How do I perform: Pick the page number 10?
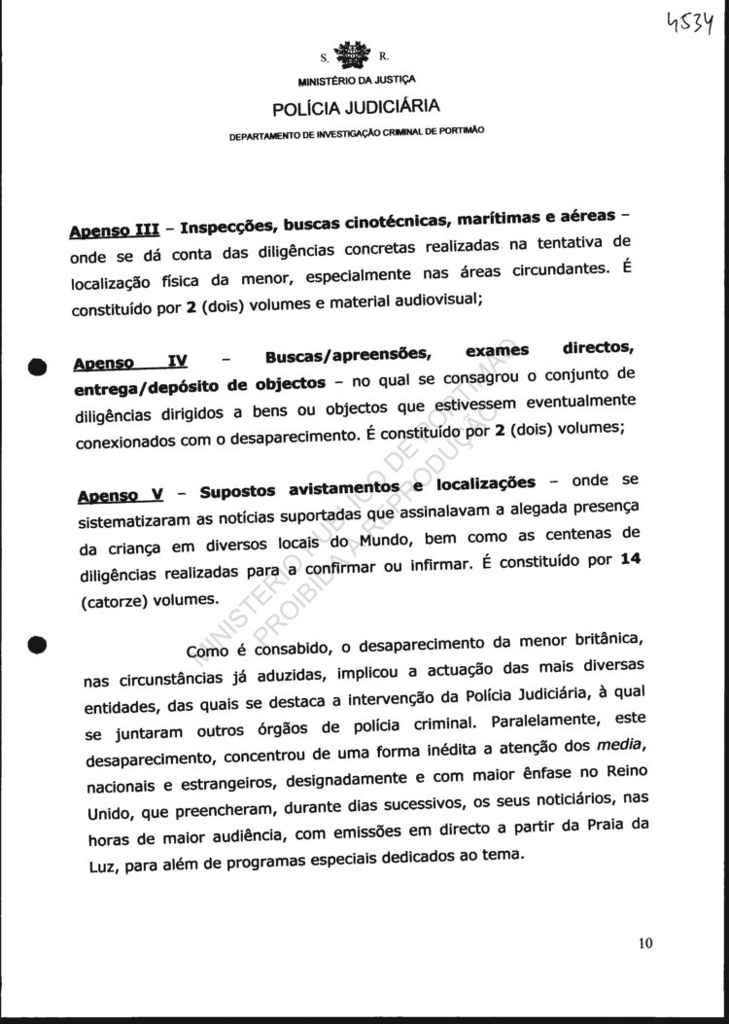click(x=647, y=941)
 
